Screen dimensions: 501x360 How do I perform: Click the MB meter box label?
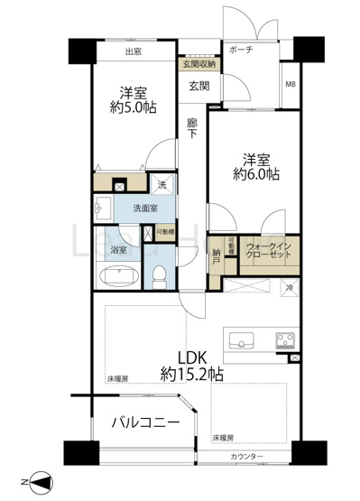click(x=290, y=84)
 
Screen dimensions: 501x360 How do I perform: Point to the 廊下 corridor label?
click(x=192, y=128)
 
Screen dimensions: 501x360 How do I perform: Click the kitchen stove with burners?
click(x=288, y=340)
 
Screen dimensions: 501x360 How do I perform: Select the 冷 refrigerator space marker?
click(x=290, y=287)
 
